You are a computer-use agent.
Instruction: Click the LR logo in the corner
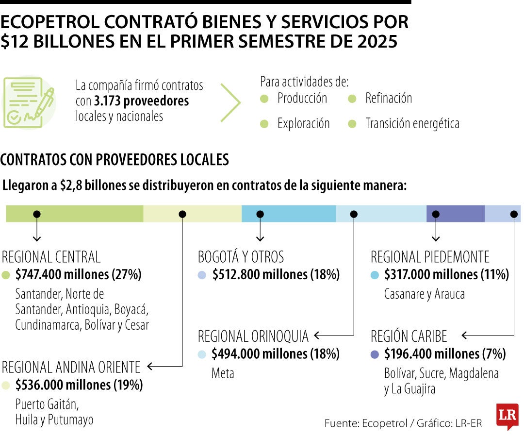pyautogui.click(x=507, y=416)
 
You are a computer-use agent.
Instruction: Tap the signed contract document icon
pyautogui.click(x=29, y=102)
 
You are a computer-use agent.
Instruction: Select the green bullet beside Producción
pyautogui.click(x=264, y=99)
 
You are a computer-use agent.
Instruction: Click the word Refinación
pyautogui.click(x=388, y=99)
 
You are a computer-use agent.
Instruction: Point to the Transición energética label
pyautogui.click(x=412, y=124)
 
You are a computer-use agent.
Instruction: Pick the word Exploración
pyautogui.click(x=303, y=124)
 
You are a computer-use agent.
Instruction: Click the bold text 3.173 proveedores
pyautogui.click(x=141, y=101)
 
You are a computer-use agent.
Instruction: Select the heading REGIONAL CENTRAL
pyautogui.click(x=51, y=256)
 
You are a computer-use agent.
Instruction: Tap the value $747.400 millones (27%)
pyautogui.click(x=78, y=275)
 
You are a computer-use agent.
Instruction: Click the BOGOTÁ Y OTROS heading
pyautogui.click(x=241, y=256)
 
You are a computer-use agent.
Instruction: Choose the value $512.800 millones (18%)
pyautogui.click(x=276, y=275)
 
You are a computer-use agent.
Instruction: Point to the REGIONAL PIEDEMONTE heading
pyautogui.click(x=430, y=256)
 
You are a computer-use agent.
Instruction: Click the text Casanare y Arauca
pyautogui.click(x=424, y=294)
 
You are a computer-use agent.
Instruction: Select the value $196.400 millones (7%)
pyautogui.click(x=445, y=354)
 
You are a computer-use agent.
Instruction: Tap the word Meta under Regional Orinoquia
pyautogui.click(x=223, y=373)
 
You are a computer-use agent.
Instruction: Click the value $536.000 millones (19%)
pyautogui.click(x=79, y=385)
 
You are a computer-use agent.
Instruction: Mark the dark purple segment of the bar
pyautogui.click(x=455, y=214)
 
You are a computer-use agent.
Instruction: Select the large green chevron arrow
pyautogui.click(x=231, y=102)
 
